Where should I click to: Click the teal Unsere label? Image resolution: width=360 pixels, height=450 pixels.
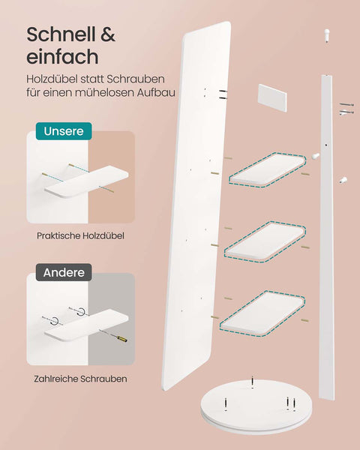[64, 131]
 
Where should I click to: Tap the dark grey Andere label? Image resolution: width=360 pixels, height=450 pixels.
[64, 272]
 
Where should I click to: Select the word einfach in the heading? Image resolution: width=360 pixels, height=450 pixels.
[62, 57]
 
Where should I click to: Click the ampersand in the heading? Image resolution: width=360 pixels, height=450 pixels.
[108, 34]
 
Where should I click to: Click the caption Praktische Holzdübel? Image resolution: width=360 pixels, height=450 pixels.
[80, 236]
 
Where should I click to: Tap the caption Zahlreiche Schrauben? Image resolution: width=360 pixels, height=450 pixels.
[80, 379]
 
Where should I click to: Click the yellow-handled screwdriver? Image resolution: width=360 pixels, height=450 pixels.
[113, 335]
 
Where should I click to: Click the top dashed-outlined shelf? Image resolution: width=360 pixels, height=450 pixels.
[268, 170]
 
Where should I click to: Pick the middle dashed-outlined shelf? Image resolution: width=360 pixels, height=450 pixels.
[265, 241]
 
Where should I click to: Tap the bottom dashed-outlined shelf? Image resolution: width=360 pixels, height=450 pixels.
[262, 313]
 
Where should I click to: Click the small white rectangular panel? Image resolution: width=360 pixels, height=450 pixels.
[272, 97]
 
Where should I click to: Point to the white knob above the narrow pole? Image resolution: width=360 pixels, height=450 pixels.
[327, 35]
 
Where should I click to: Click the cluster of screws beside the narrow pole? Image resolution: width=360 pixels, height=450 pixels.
[346, 109]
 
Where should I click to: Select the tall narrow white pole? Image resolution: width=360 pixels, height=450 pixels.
[327, 237]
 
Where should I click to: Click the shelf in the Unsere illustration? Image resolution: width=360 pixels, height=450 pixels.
[86, 181]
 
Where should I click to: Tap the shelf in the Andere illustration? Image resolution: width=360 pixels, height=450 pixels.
[86, 325]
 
